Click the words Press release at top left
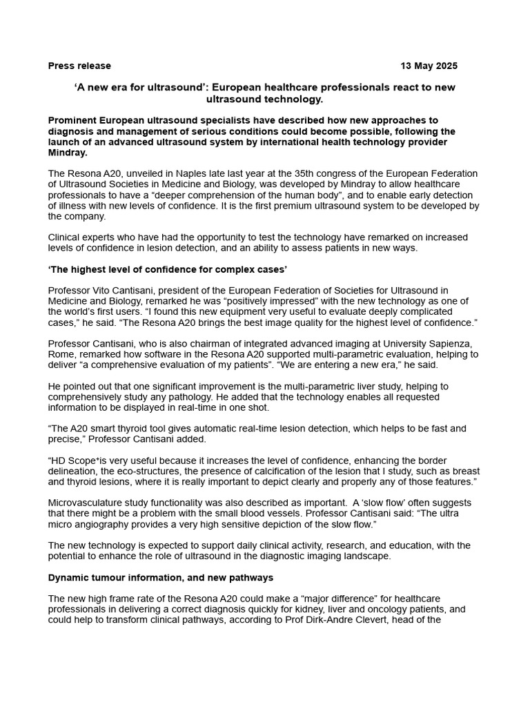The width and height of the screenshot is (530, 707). point(79,66)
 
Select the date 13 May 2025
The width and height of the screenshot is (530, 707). point(429,66)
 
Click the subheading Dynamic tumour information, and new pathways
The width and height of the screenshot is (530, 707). point(161,577)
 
